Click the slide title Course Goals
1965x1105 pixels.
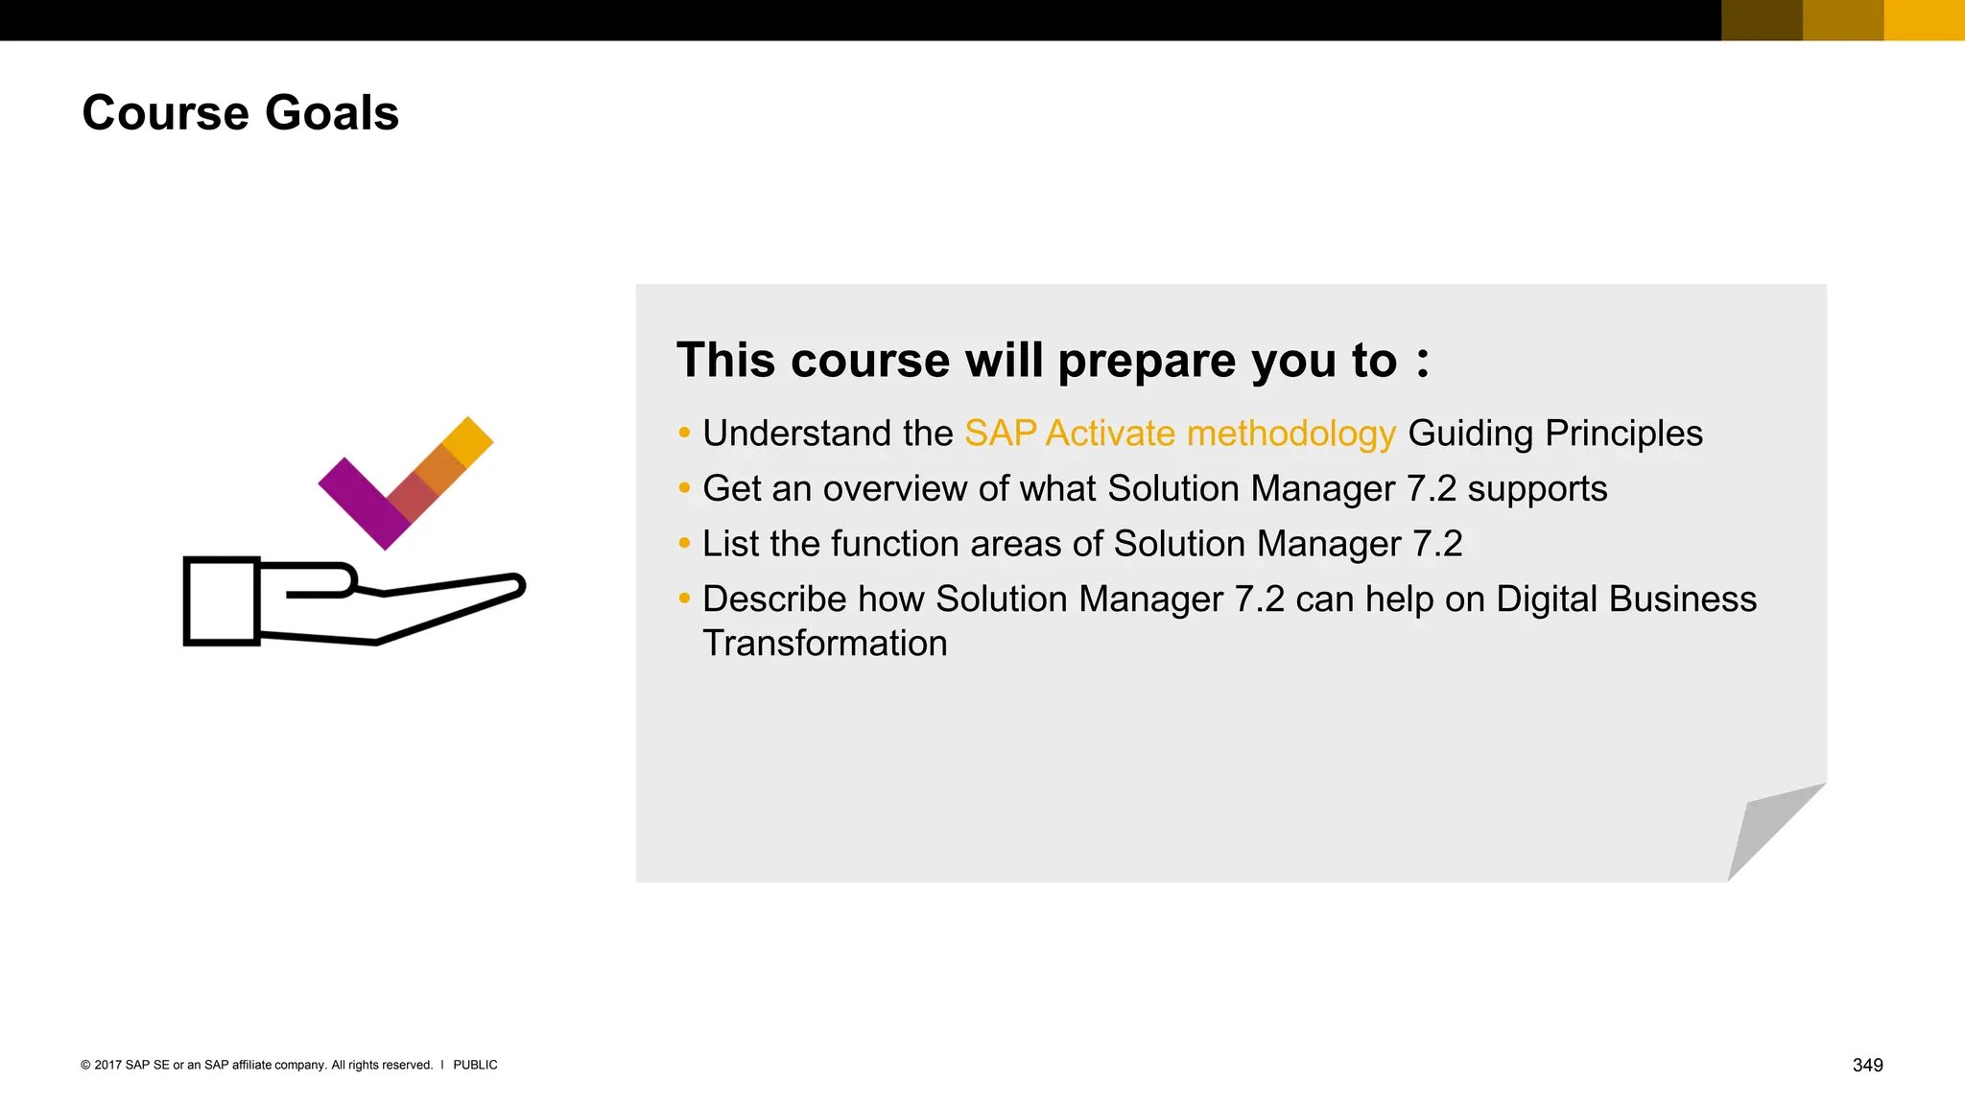(x=240, y=113)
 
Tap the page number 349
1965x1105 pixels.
(x=1867, y=1065)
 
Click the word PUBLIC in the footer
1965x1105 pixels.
(x=475, y=1065)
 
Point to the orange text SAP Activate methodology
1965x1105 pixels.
(x=1179, y=434)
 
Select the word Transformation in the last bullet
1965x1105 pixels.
(x=824, y=644)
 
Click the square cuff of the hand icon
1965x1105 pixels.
(x=222, y=601)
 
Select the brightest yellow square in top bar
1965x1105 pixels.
(x=1924, y=20)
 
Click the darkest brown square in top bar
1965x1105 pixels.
(x=1762, y=20)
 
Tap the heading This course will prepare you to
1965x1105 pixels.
(x=1053, y=361)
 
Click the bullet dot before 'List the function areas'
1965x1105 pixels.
(x=684, y=544)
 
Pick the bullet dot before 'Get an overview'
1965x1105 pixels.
(x=684, y=488)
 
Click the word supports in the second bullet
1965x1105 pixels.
(x=1537, y=489)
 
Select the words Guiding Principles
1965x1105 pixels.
(x=1554, y=434)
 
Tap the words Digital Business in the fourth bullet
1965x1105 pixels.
(x=1625, y=600)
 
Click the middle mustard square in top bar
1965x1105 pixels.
(x=1843, y=20)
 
